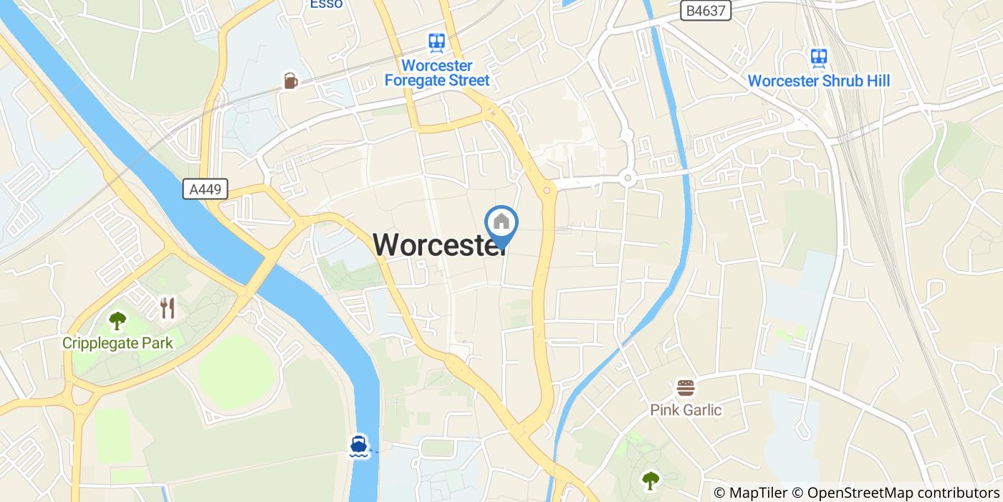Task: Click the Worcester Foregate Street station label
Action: pyautogui.click(x=437, y=73)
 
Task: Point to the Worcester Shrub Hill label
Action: pyautogui.click(x=818, y=81)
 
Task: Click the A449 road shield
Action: pyautogui.click(x=205, y=189)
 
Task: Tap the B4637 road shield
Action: pyautogui.click(x=701, y=10)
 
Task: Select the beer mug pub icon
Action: pyautogui.click(x=290, y=80)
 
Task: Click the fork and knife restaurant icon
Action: pyautogui.click(x=168, y=308)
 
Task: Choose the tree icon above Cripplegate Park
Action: pyautogui.click(x=117, y=321)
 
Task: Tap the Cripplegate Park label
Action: pyautogui.click(x=117, y=343)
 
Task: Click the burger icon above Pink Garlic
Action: pyautogui.click(x=686, y=388)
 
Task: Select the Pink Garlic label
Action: pyautogui.click(x=686, y=410)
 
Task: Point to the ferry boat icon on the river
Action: pyautogui.click(x=359, y=445)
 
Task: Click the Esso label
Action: pyautogui.click(x=326, y=4)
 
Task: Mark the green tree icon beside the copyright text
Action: pyautogui.click(x=650, y=480)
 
